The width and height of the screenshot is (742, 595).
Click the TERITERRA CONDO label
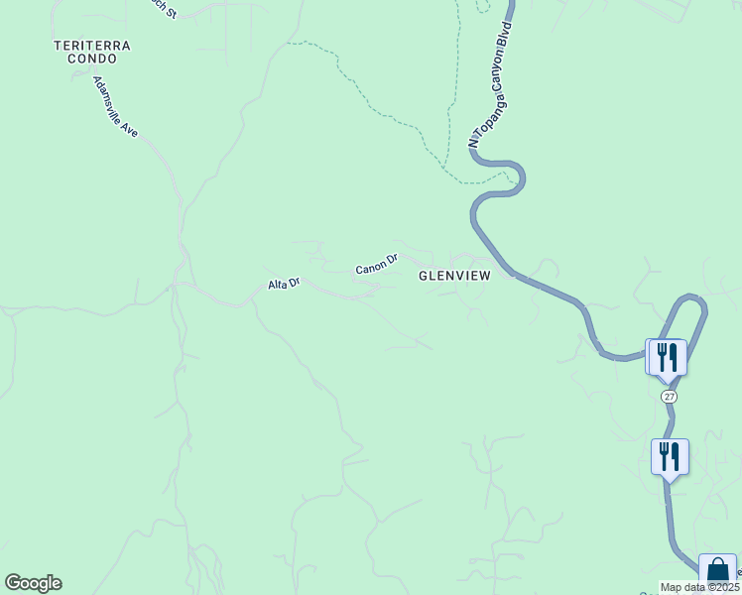[x=92, y=53]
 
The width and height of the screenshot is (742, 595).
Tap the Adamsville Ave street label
[x=116, y=108]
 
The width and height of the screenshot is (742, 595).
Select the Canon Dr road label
[x=377, y=265]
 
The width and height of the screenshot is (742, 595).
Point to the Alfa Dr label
[x=284, y=284]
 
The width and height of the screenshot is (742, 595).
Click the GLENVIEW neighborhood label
[x=454, y=277]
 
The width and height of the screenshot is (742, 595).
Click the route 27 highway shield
[x=670, y=396]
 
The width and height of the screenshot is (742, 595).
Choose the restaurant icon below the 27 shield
[x=670, y=456]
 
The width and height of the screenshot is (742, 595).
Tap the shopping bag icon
[x=717, y=571]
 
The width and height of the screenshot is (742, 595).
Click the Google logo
[x=33, y=583]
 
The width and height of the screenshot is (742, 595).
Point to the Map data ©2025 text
[x=698, y=587]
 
